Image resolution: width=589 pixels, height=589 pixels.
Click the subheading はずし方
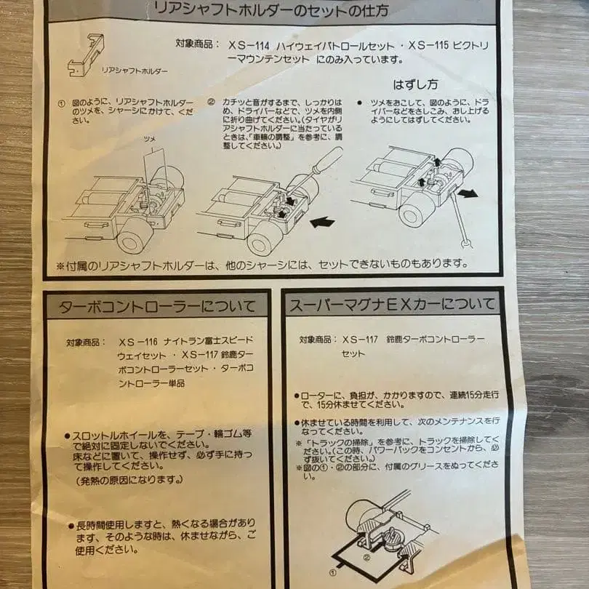coord(415,84)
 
